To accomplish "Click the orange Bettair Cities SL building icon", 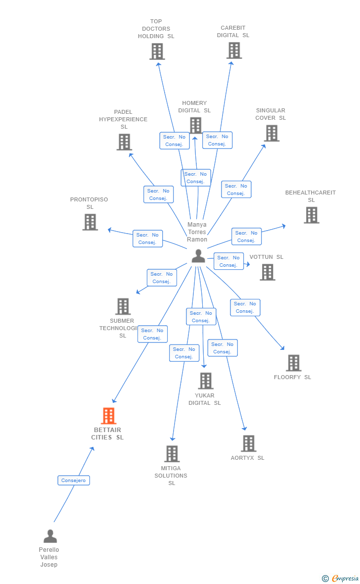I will [108, 416].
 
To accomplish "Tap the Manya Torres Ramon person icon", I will [198, 256].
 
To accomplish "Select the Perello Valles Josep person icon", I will [50, 536].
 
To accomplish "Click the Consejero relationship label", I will [74, 480].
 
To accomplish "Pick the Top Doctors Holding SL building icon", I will [157, 51].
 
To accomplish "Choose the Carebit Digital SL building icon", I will [234, 50].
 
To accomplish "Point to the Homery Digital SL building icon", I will [195, 125].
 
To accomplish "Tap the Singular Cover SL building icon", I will [271, 133].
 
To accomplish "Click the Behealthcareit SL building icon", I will [311, 215].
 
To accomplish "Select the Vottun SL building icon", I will [268, 272].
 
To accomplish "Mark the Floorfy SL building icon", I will [294, 363].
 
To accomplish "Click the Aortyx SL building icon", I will [248, 443].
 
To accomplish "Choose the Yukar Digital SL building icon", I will [206, 381].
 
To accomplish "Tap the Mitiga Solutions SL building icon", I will [172, 454].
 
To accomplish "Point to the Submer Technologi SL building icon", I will [123, 306].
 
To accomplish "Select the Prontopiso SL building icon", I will [90, 222].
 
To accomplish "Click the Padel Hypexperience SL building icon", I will [124, 142].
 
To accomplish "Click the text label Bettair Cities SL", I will [107, 434].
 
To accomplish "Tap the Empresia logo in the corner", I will [342, 578].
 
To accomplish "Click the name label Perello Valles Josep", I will [49, 557].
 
